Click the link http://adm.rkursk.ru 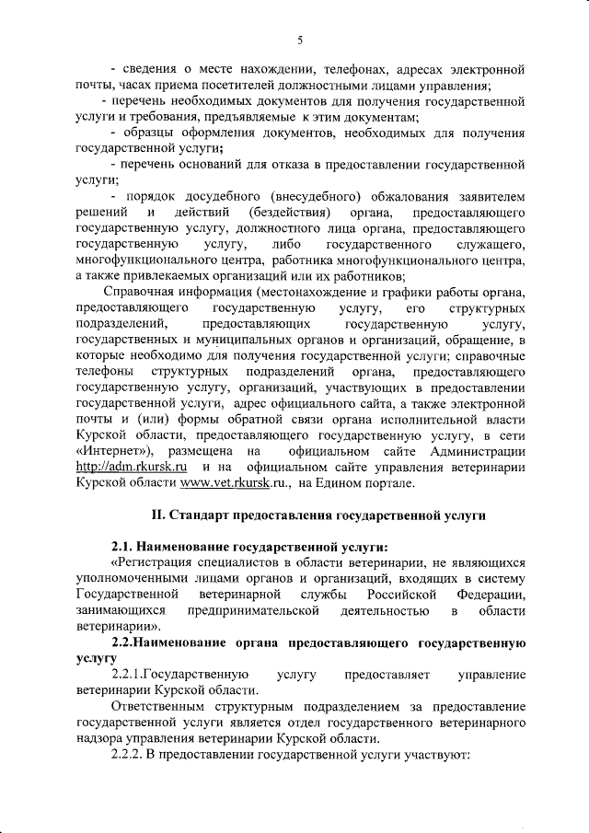[124, 467]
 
